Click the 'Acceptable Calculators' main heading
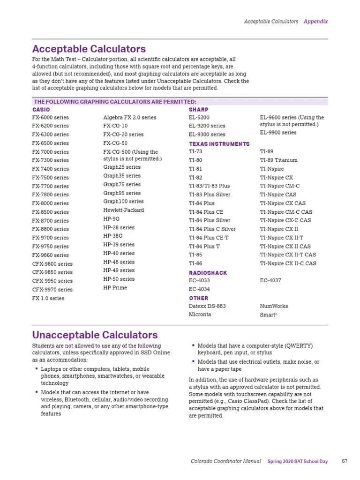click(89, 49)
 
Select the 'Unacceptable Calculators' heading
click(95, 335)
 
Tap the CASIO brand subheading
click(41, 109)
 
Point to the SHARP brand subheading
click(198, 109)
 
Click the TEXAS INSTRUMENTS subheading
click(219, 144)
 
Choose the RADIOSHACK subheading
click(208, 273)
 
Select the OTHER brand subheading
click(198, 298)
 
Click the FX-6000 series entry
click(50, 117)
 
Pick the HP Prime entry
click(115, 287)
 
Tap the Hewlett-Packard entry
click(123, 210)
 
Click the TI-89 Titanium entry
click(278, 160)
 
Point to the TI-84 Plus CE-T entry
click(209, 238)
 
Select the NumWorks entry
click(274, 306)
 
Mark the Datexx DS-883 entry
click(207, 306)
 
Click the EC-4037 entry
click(271, 280)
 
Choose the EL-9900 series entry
click(278, 133)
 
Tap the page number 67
click(345, 461)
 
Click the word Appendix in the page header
click(315, 22)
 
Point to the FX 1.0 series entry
click(48, 298)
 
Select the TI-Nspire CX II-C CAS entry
click(288, 263)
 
